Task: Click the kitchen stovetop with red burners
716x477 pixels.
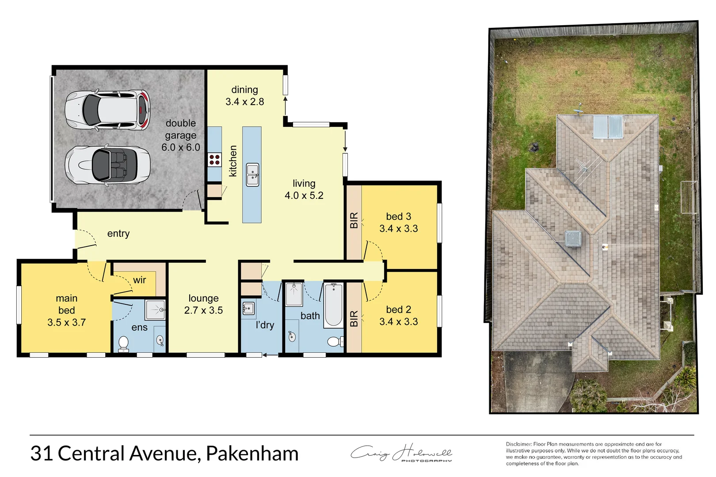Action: click(215, 160)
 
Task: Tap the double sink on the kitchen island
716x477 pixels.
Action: click(252, 174)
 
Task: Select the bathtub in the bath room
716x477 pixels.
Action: click(333, 305)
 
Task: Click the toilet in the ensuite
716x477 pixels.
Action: click(123, 343)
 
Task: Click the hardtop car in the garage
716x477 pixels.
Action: click(107, 110)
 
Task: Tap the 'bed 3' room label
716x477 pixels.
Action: click(398, 216)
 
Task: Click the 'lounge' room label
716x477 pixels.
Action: click(203, 299)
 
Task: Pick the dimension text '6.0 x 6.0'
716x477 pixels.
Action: click(181, 148)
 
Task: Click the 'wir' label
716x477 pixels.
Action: click(139, 280)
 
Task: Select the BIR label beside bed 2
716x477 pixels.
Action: click(354, 318)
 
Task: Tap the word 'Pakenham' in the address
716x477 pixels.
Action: click(252, 454)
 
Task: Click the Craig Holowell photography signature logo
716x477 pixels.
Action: click(401, 454)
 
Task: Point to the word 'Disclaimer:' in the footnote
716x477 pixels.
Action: click(519, 444)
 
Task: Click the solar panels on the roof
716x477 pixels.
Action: click(608, 127)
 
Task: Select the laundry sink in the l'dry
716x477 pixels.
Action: click(248, 308)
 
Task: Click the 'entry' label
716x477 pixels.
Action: click(118, 234)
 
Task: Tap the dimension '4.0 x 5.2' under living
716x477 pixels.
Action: click(304, 196)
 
